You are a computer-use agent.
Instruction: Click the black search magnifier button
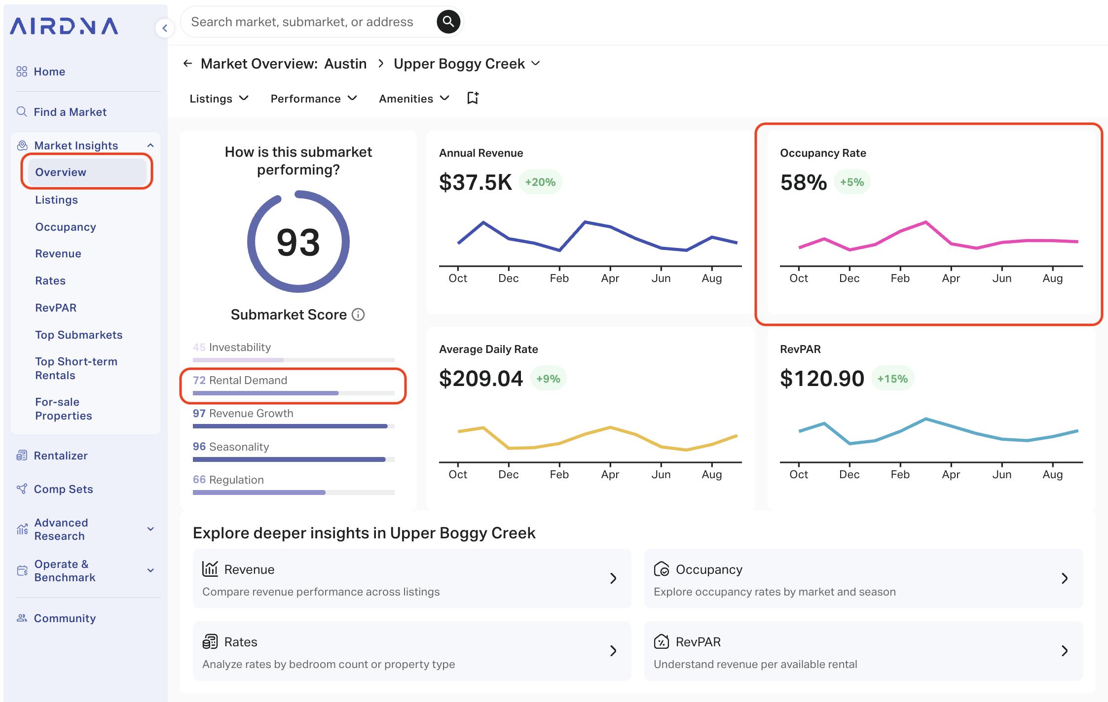click(x=448, y=22)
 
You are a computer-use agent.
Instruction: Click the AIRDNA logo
click(x=64, y=26)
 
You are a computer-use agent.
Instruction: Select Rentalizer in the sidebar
click(x=60, y=456)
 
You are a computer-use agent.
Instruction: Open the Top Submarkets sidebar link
click(x=78, y=335)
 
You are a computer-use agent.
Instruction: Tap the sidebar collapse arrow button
click(x=165, y=28)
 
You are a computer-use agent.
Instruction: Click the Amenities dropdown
click(x=414, y=99)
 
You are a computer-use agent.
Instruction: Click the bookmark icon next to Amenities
click(x=473, y=98)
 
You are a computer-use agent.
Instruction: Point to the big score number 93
click(x=298, y=242)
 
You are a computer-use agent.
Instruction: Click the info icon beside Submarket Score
click(x=358, y=315)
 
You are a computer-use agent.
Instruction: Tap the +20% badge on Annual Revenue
click(x=540, y=182)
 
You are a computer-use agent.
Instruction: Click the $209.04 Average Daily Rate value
click(x=480, y=379)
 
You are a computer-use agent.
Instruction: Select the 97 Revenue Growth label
click(x=243, y=413)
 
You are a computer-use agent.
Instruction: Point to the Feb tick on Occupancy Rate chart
click(x=900, y=278)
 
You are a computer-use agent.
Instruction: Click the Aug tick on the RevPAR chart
click(x=1052, y=474)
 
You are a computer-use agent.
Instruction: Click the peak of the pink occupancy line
click(x=925, y=222)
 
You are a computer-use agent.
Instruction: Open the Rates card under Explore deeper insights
click(x=411, y=651)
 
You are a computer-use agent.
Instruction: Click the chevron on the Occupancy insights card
click(x=1064, y=578)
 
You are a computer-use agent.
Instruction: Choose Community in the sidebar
click(x=65, y=618)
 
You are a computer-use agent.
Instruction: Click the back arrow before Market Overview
click(x=187, y=64)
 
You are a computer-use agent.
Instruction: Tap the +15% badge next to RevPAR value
click(x=892, y=379)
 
